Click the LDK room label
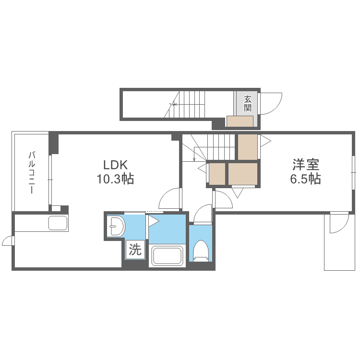coord(115,165)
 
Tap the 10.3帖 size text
coord(115,179)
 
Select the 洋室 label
coord(306,164)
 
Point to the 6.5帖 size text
coord(305,179)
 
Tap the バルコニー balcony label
coord(32,172)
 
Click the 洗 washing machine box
coord(135,250)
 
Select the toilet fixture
coord(201,251)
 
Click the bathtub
coord(168,255)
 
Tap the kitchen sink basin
coord(58,223)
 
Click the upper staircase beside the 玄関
coord(184,104)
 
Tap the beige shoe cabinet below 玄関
coord(240,121)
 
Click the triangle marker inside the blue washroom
coord(154,221)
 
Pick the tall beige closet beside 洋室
coord(248,147)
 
